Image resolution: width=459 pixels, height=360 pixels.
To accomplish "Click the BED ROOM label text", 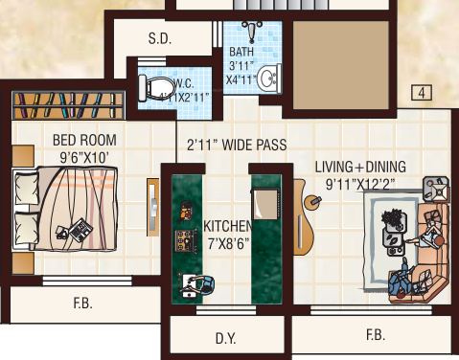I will pos(84,141).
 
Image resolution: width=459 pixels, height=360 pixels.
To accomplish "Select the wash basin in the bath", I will pos(269,77).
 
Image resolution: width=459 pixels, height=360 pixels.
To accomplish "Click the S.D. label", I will pos(159,40).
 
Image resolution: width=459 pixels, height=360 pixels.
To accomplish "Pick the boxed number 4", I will pos(421,93).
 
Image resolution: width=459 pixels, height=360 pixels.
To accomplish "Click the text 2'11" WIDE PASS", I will pos(235,146).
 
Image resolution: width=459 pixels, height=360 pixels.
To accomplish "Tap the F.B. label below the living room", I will pos(375,335).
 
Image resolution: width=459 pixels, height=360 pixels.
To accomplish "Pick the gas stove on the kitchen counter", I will pos(182,239).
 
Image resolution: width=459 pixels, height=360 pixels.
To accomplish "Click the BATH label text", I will pos(241,52).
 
